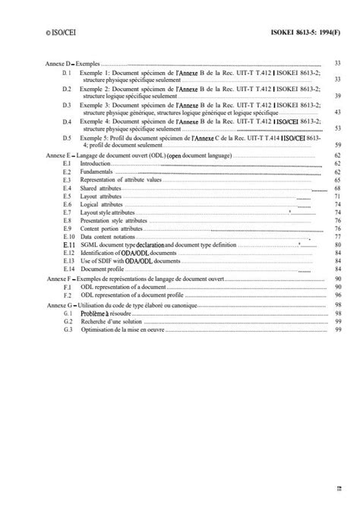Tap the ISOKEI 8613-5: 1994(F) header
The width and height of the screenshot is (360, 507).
coord(309,32)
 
